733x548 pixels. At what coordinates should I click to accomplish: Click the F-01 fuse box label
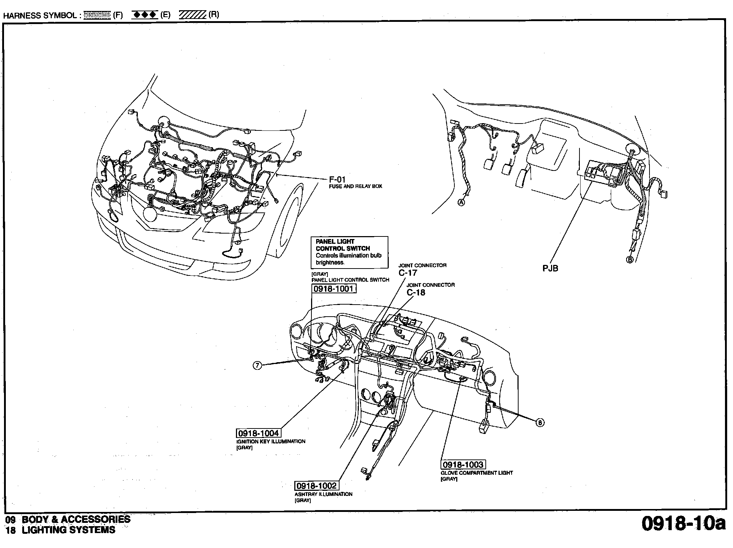pyautogui.click(x=337, y=179)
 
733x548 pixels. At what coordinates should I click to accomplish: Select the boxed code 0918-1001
pyautogui.click(x=334, y=289)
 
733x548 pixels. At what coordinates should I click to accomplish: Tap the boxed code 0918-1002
pyautogui.click(x=316, y=486)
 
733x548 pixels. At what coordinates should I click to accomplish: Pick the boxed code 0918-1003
pyautogui.click(x=463, y=465)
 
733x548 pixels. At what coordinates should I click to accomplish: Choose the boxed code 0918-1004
pyautogui.click(x=259, y=433)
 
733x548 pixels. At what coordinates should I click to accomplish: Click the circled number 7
pyautogui.click(x=257, y=365)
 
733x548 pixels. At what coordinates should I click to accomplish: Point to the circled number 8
pyautogui.click(x=540, y=422)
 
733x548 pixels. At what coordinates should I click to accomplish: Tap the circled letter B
pyautogui.click(x=629, y=259)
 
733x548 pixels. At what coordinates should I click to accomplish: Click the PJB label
pyautogui.click(x=550, y=269)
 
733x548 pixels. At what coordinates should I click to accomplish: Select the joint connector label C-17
pyautogui.click(x=407, y=273)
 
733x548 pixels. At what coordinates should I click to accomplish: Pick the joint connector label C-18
pyautogui.click(x=416, y=293)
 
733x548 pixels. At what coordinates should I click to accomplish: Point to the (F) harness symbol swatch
pyautogui.click(x=97, y=15)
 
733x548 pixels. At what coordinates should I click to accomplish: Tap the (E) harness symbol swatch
pyautogui.click(x=144, y=15)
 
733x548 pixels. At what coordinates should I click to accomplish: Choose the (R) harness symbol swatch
pyautogui.click(x=193, y=15)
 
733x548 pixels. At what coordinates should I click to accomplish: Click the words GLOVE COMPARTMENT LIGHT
pyautogui.click(x=477, y=473)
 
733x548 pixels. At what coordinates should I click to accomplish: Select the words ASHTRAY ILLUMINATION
pyautogui.click(x=323, y=494)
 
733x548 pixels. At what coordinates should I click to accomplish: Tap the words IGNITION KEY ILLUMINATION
pyautogui.click(x=271, y=441)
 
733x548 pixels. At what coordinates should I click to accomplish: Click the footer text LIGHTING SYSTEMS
pyautogui.click(x=69, y=530)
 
